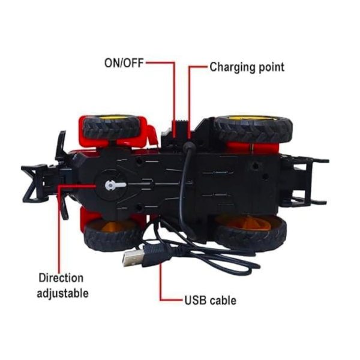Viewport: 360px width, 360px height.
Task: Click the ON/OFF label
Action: click(124, 63)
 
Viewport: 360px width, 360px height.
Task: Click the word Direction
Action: click(61, 278)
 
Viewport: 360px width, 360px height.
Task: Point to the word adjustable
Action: click(62, 293)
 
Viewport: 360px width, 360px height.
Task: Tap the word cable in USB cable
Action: click(223, 301)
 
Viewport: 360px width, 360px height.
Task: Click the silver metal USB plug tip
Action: click(134, 257)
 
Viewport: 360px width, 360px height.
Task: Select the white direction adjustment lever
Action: click(115, 185)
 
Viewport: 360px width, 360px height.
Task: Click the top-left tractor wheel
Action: click(112, 127)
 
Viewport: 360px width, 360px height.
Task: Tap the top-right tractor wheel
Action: click(253, 128)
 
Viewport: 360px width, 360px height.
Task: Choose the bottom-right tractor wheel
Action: click(251, 232)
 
